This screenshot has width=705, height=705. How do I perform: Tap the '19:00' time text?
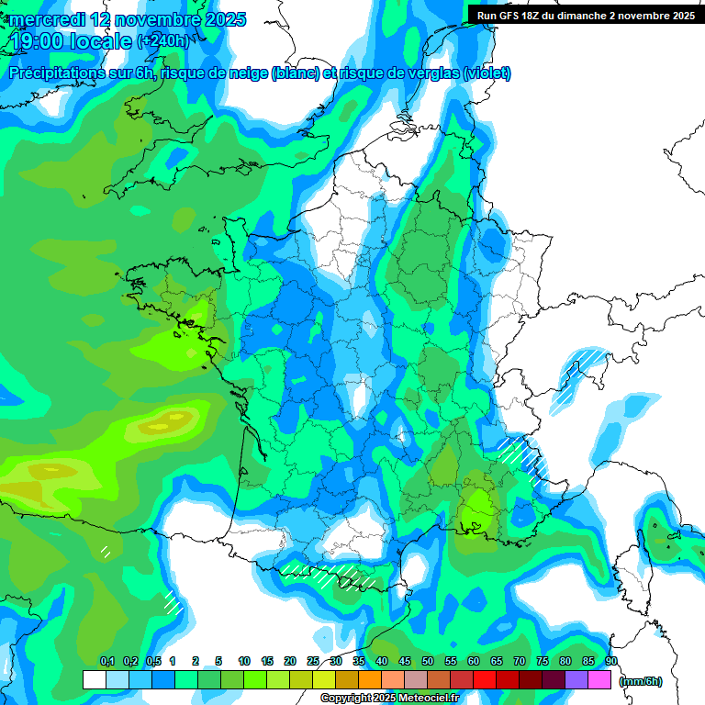pyautogui.click(x=37, y=41)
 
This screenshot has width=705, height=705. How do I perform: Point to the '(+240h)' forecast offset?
pyautogui.click(x=163, y=41)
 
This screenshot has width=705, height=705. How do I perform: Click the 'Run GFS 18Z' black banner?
pyautogui.click(x=586, y=15)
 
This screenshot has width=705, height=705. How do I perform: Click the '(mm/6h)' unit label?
pyautogui.click(x=641, y=681)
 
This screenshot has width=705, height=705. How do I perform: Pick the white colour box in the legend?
pyautogui.click(x=94, y=680)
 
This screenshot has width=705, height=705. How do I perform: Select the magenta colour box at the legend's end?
pyautogui.click(x=599, y=680)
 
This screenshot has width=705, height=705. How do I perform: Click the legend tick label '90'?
pyautogui.click(x=611, y=661)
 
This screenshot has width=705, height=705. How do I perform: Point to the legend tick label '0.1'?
pyautogui.click(x=106, y=661)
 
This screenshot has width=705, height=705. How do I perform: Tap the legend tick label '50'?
pyautogui.click(x=428, y=661)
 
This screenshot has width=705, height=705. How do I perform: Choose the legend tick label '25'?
pyautogui.click(x=313, y=661)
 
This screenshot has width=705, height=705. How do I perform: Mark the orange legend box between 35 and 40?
pyautogui.click(x=370, y=680)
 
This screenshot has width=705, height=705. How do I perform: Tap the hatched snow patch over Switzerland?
pyautogui.click(x=584, y=365)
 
